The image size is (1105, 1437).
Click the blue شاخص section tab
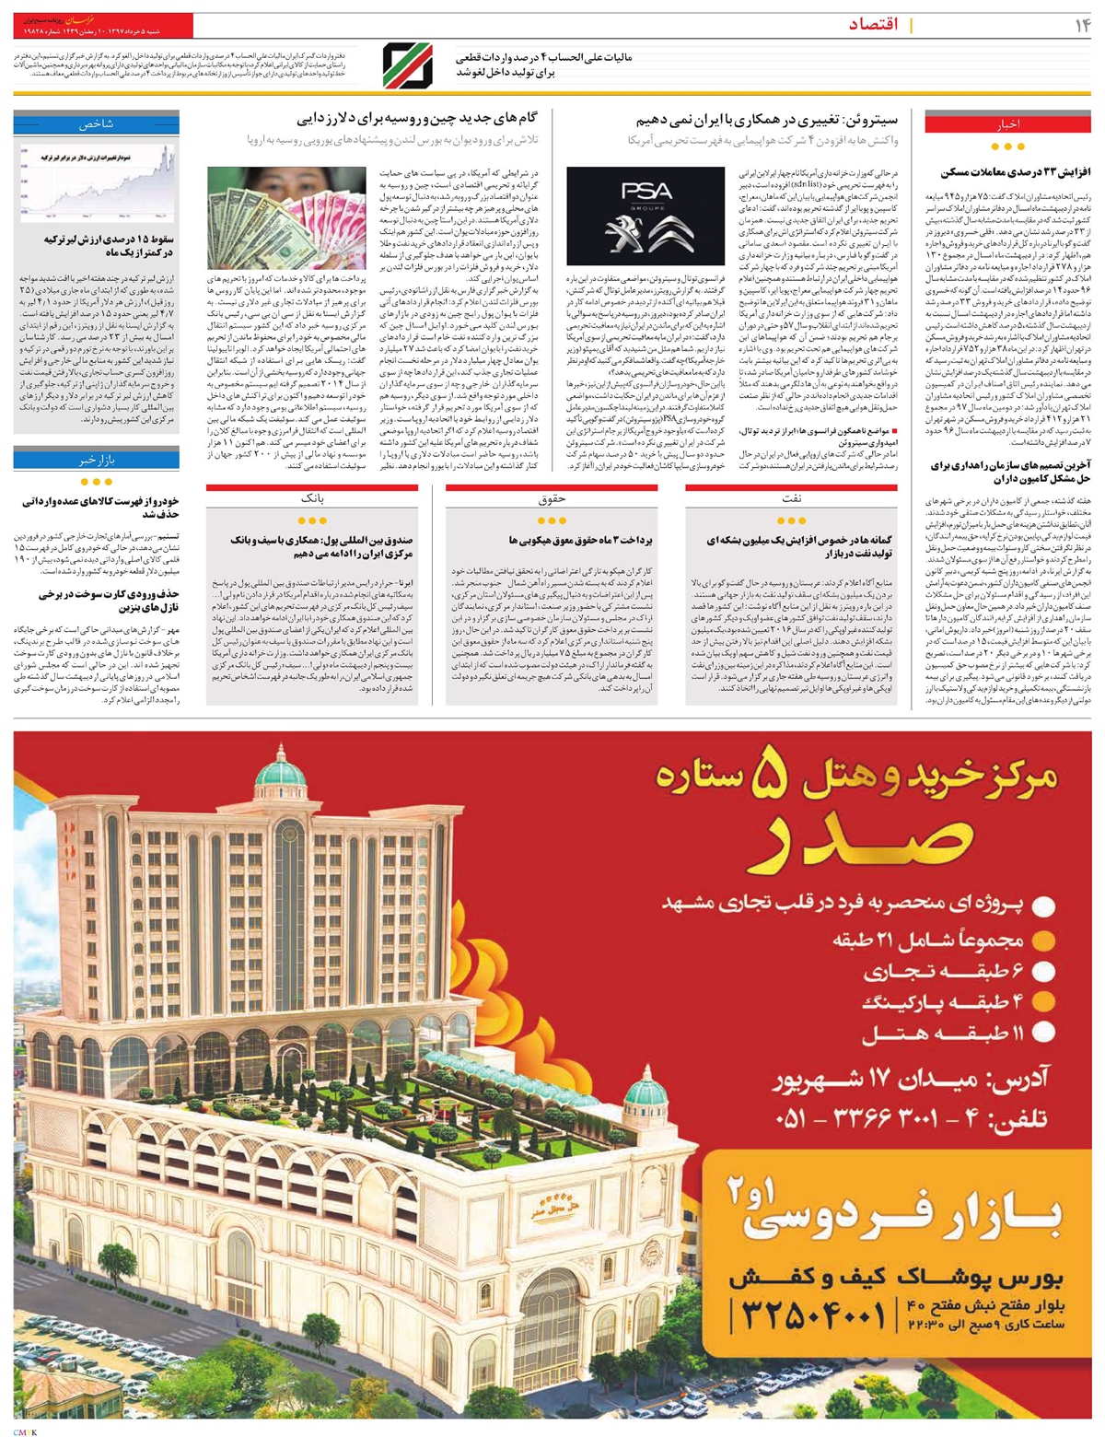tap(95, 123)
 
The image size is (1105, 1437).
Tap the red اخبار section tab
tap(1007, 125)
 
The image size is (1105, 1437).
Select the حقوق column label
tap(552, 498)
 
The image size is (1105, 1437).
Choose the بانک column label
tap(312, 498)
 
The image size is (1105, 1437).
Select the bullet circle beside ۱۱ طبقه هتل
tap(1043, 1033)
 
